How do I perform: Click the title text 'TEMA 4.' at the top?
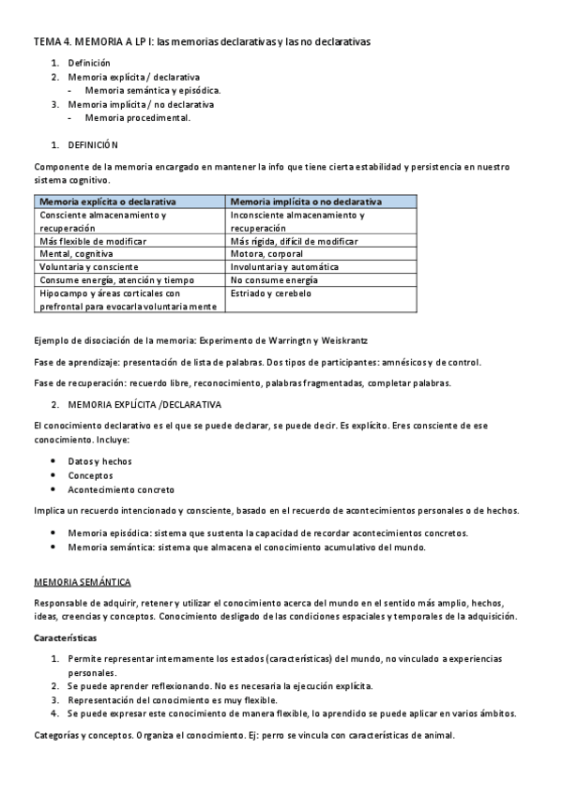click(52, 42)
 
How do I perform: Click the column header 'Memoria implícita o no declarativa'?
click(305, 202)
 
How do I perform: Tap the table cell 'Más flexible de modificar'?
click(95, 241)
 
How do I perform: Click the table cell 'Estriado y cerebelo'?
click(272, 293)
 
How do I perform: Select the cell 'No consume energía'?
click(274, 280)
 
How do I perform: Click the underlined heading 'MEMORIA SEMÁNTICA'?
click(83, 582)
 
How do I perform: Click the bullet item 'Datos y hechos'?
click(99, 461)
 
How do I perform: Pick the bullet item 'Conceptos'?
click(90, 475)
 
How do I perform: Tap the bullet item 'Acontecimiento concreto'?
click(120, 489)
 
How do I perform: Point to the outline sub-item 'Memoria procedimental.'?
click(137, 118)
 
